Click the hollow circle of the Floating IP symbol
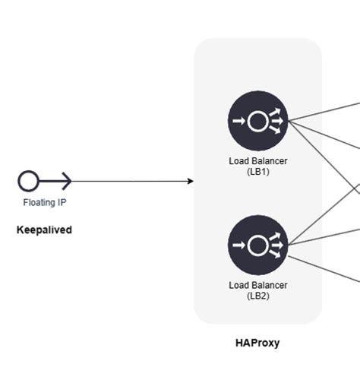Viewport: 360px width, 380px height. tap(28, 181)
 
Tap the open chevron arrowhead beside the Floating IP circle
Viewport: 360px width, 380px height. tap(66, 181)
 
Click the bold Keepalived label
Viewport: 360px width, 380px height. tap(44, 230)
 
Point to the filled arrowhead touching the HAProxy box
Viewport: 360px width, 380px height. tap(190, 181)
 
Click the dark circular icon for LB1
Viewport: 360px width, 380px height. tap(258, 121)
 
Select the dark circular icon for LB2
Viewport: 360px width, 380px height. tap(258, 245)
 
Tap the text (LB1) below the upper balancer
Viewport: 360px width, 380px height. tap(258, 172)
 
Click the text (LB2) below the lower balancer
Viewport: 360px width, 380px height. tap(258, 296)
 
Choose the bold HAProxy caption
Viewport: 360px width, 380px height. tap(257, 344)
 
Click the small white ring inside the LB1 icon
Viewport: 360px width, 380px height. tap(257, 121)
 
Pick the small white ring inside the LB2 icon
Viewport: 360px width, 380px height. tap(257, 245)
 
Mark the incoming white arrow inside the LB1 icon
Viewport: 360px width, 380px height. tap(238, 121)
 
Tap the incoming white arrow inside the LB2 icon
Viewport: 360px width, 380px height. tap(238, 245)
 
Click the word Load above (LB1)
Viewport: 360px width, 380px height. tap(238, 161)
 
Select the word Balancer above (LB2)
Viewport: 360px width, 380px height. tap(269, 285)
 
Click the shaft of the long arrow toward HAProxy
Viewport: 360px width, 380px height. tap(129, 181)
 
